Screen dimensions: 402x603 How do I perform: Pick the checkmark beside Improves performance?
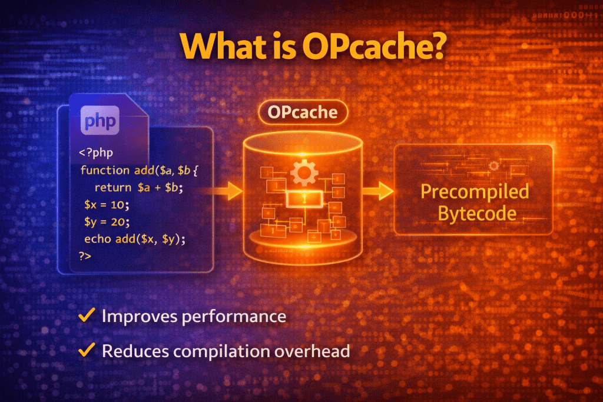click(x=87, y=316)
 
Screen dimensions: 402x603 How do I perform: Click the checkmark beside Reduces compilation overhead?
click(x=87, y=351)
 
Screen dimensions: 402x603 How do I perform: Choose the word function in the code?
click(x=104, y=171)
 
